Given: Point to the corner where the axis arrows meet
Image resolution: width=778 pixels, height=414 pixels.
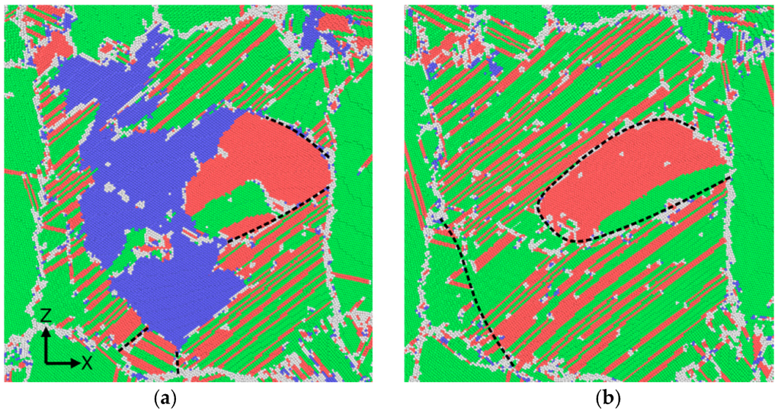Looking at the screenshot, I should tap(46, 361).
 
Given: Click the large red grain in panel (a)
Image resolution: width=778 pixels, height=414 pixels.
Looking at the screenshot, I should tap(263, 164).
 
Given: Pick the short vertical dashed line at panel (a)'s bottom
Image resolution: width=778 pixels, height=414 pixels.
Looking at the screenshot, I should tap(178, 361).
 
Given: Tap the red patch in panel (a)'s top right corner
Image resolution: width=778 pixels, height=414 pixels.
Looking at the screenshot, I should tap(335, 23).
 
